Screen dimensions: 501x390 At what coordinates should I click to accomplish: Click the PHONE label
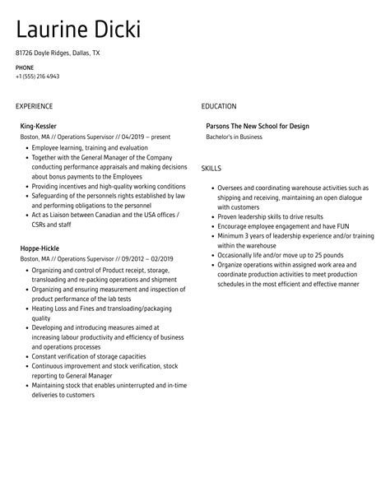tap(25, 67)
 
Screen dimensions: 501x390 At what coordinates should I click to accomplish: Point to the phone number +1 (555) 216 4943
tap(37, 76)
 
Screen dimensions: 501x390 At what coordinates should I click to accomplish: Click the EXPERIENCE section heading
tap(34, 106)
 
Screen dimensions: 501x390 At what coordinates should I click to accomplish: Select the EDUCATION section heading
tap(219, 106)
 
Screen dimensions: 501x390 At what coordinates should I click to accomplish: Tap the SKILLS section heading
tap(211, 168)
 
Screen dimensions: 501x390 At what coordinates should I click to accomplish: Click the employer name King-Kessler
tap(39, 126)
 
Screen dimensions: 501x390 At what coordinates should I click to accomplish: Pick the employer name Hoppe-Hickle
tap(40, 248)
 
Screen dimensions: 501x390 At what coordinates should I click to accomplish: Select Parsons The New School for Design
tap(258, 126)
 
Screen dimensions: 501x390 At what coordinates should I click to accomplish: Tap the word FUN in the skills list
tap(336, 225)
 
